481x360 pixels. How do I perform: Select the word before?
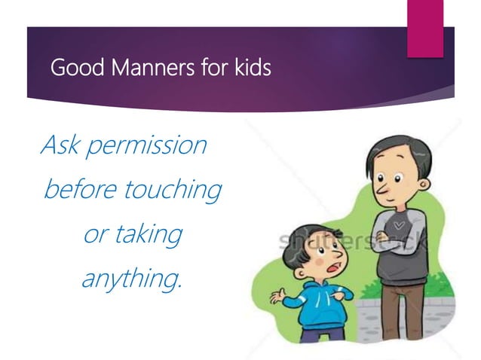(x=80, y=189)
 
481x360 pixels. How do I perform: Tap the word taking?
(x=149, y=234)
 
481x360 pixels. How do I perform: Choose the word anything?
(x=131, y=279)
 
